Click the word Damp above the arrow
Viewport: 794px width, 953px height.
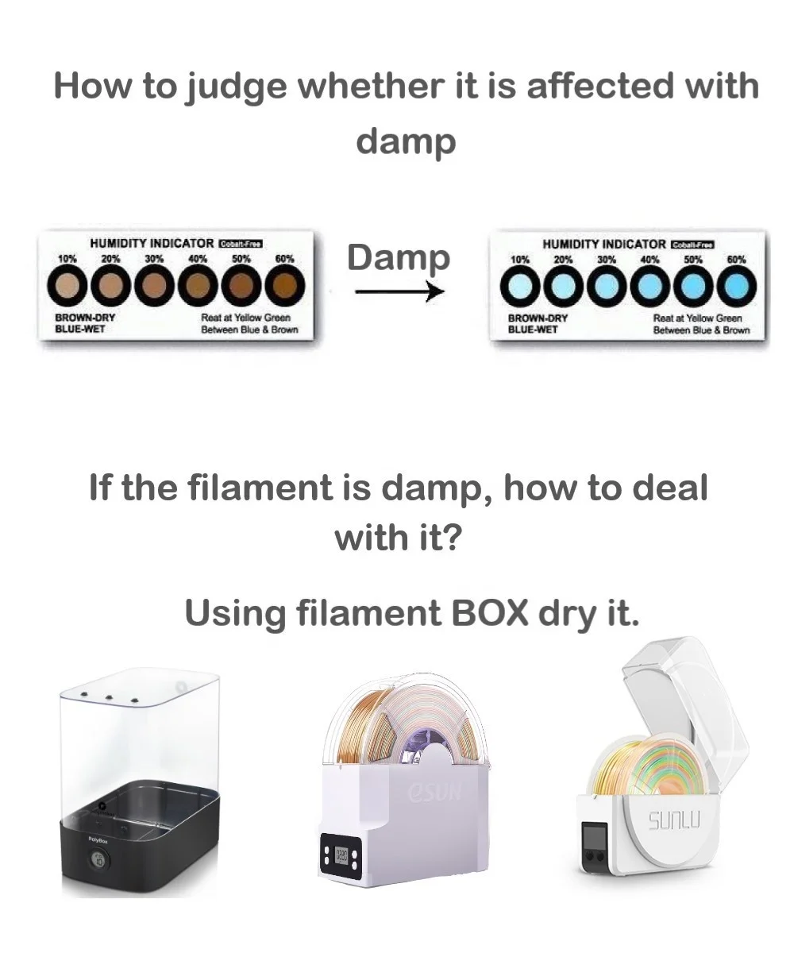(398, 258)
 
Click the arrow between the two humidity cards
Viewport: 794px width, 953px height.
(399, 292)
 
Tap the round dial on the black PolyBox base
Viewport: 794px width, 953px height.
(98, 859)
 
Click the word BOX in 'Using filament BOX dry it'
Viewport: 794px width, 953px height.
(490, 613)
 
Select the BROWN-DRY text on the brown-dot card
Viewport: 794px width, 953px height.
(85, 318)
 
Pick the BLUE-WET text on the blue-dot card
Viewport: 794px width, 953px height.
(533, 328)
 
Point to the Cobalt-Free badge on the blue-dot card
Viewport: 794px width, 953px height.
(693, 245)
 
